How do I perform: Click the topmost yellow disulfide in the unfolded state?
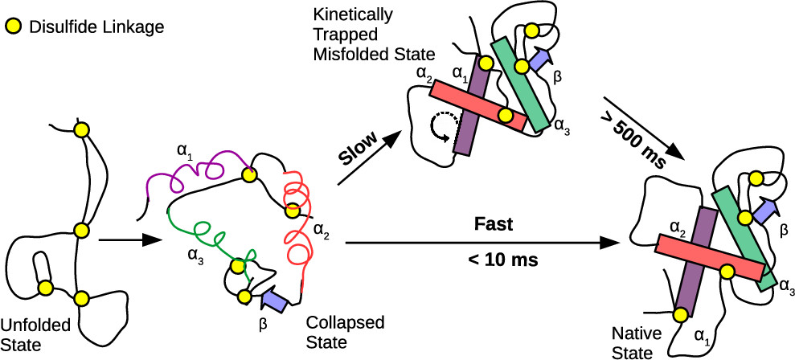(x=80, y=129)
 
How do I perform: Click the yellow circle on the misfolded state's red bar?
(x=505, y=116)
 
